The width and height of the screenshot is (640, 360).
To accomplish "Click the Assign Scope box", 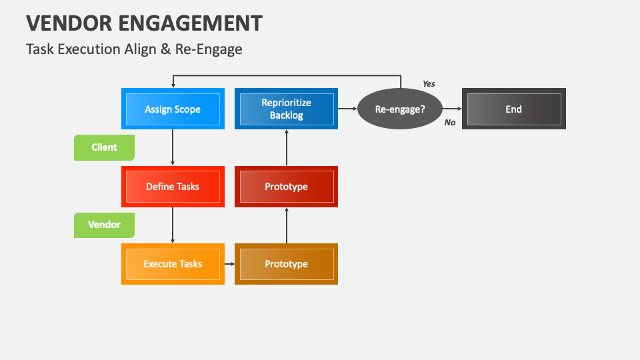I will (x=173, y=109).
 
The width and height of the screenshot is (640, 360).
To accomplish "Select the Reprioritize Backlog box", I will (x=286, y=109).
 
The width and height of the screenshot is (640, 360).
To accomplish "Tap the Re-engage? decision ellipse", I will (x=400, y=109).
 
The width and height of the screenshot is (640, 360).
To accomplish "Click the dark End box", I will (x=513, y=109).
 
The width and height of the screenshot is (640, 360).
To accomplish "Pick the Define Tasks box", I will (x=173, y=187).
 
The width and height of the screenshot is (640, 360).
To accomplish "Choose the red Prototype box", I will (x=286, y=187).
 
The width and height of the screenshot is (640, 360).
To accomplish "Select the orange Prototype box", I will (x=286, y=264).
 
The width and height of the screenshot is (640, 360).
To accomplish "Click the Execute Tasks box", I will (x=173, y=264).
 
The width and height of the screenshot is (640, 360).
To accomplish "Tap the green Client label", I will (x=104, y=147).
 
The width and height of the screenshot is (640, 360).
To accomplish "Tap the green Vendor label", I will (x=104, y=225).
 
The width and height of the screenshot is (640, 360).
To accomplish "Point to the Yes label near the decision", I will (x=429, y=84).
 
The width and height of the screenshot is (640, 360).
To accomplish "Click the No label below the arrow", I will (x=450, y=123).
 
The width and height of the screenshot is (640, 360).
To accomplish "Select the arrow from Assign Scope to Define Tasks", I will (x=173, y=147).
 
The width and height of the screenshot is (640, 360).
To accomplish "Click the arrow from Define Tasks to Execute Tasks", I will (x=173, y=225).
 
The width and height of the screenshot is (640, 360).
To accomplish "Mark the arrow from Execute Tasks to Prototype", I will (x=229, y=264).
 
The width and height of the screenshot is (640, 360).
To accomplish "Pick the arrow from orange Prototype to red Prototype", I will (x=286, y=225).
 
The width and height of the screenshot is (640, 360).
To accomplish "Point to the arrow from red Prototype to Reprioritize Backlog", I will (x=286, y=147).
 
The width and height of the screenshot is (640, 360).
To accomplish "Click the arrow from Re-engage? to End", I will (x=452, y=109).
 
